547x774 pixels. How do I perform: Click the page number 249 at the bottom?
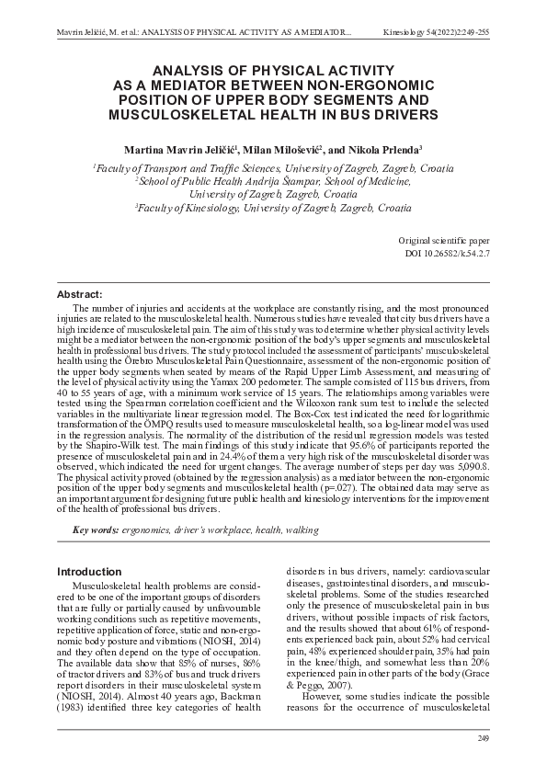(483, 739)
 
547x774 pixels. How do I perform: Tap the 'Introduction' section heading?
(89, 572)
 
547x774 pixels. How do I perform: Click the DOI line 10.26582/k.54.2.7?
(450, 251)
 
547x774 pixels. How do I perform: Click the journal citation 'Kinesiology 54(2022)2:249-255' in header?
(436, 34)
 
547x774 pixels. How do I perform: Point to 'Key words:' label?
(97, 531)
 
